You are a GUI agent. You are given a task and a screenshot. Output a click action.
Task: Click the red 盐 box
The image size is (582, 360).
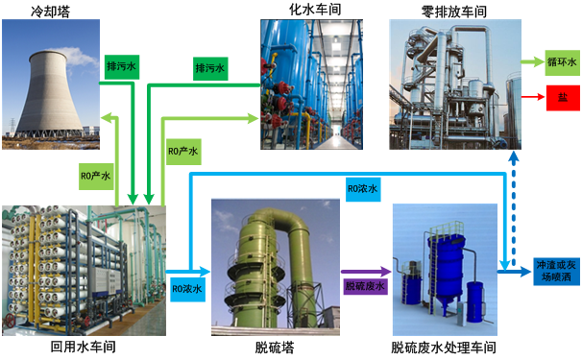[x=563, y=98]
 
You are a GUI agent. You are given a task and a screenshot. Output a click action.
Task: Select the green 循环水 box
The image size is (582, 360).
[x=562, y=62]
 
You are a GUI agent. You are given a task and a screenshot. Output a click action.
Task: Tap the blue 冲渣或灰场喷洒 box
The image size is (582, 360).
[x=556, y=272]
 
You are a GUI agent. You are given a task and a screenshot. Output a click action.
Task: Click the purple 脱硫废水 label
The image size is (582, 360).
[x=365, y=286]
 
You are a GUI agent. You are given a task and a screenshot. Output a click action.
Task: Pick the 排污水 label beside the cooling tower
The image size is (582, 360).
[x=122, y=67]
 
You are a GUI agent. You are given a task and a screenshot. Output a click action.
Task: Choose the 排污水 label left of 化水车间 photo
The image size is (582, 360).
[x=210, y=68]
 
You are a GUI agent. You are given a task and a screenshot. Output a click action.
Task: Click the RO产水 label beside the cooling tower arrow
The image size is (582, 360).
[x=96, y=176]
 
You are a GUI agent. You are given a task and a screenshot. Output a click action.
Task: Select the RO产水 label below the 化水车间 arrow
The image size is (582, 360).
[x=183, y=152]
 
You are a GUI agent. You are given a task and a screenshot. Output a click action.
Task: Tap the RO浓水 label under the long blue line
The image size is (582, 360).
[x=363, y=188]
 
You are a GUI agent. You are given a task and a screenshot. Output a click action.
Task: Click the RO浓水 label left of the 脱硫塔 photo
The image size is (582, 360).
[x=187, y=289]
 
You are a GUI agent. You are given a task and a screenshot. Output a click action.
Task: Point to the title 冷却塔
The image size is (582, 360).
[x=50, y=12]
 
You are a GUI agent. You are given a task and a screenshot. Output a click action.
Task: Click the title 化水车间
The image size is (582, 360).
[x=315, y=10]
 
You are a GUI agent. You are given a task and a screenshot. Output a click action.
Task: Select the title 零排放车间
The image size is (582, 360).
[x=454, y=12]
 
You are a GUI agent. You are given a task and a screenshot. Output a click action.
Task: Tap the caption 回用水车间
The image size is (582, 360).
[x=84, y=347]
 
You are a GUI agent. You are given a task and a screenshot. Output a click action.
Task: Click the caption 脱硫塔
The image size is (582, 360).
[x=275, y=348]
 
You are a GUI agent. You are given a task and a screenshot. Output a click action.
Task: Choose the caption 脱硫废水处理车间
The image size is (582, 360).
[x=444, y=348]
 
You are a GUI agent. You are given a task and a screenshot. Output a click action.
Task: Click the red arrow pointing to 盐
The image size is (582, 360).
[x=533, y=97]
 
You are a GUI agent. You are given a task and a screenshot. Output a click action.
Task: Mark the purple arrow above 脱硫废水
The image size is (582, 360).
[x=366, y=272]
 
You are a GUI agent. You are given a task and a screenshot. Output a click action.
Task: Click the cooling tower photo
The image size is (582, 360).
[x=51, y=84]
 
